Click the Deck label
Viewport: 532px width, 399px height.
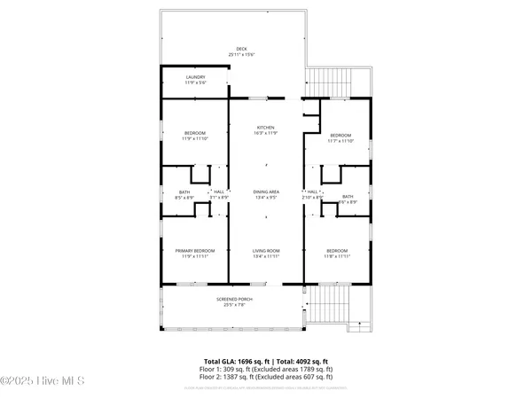(x=241, y=49)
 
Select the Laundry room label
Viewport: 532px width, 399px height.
(x=195, y=77)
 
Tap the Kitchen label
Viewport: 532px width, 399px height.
(x=266, y=128)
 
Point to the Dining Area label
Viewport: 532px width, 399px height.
(x=266, y=192)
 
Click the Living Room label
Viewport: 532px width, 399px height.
(x=266, y=251)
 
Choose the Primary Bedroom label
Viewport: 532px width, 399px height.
(x=195, y=251)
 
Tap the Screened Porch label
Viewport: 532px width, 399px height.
(x=235, y=300)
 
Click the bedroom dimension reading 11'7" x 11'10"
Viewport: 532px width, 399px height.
(x=340, y=140)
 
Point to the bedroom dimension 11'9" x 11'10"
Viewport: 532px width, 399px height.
(x=195, y=138)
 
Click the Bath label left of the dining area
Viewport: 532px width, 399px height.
(x=184, y=192)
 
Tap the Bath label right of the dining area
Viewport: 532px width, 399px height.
(x=348, y=197)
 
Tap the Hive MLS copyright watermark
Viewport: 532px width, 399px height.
(x=42, y=382)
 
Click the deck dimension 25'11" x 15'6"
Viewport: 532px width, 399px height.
(x=241, y=55)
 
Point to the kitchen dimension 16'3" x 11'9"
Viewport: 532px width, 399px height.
(x=266, y=134)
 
